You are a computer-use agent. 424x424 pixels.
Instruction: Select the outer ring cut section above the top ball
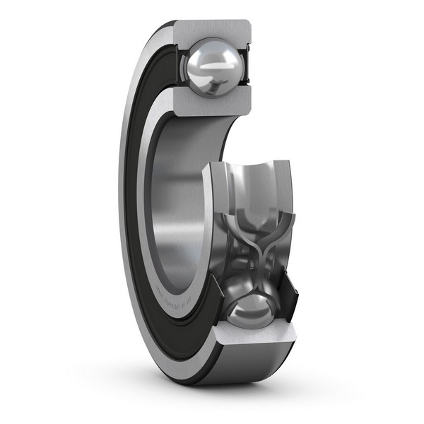tap(212, 33)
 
